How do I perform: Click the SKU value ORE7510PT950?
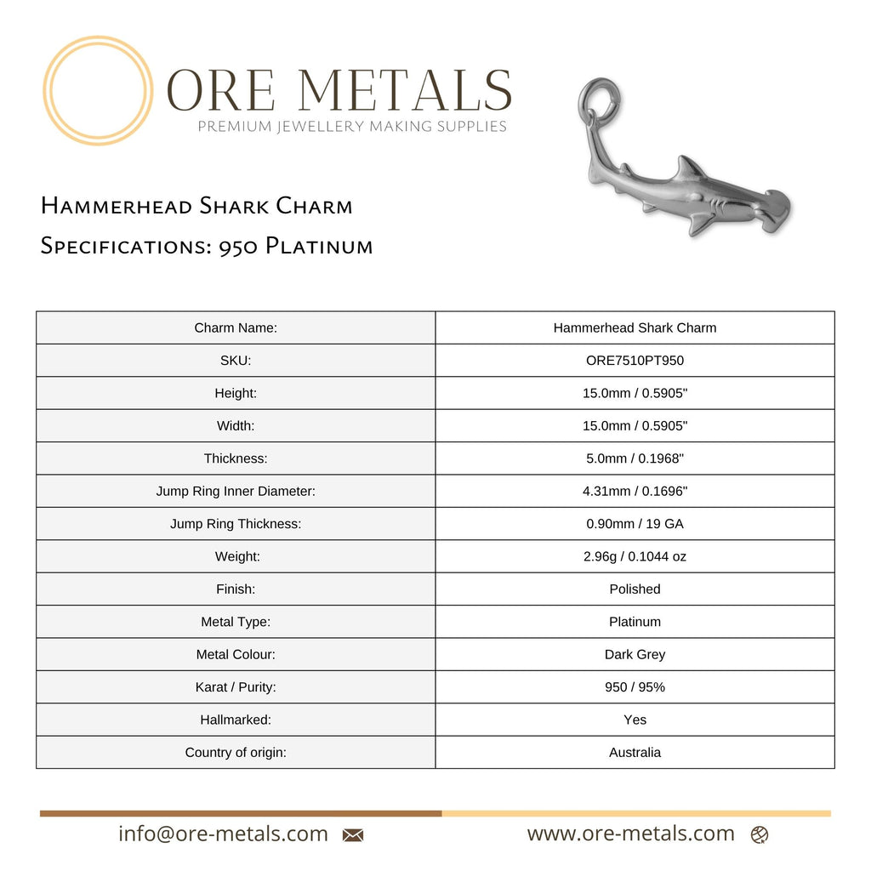(x=635, y=361)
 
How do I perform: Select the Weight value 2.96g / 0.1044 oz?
(x=635, y=557)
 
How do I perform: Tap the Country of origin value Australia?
(x=635, y=753)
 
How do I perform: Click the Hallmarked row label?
(x=236, y=720)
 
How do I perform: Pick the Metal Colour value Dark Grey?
(x=635, y=655)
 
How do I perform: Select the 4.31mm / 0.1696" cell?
(x=635, y=492)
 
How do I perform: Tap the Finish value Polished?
(x=635, y=589)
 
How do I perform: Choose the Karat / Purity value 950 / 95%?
(x=635, y=687)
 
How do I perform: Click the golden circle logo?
(x=98, y=90)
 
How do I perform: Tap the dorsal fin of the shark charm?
(x=689, y=168)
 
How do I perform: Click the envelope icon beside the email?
(x=353, y=835)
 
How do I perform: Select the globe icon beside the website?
(x=760, y=835)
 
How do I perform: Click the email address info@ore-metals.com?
(x=223, y=834)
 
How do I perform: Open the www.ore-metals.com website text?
(x=630, y=834)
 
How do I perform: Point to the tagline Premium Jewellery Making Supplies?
(x=352, y=127)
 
